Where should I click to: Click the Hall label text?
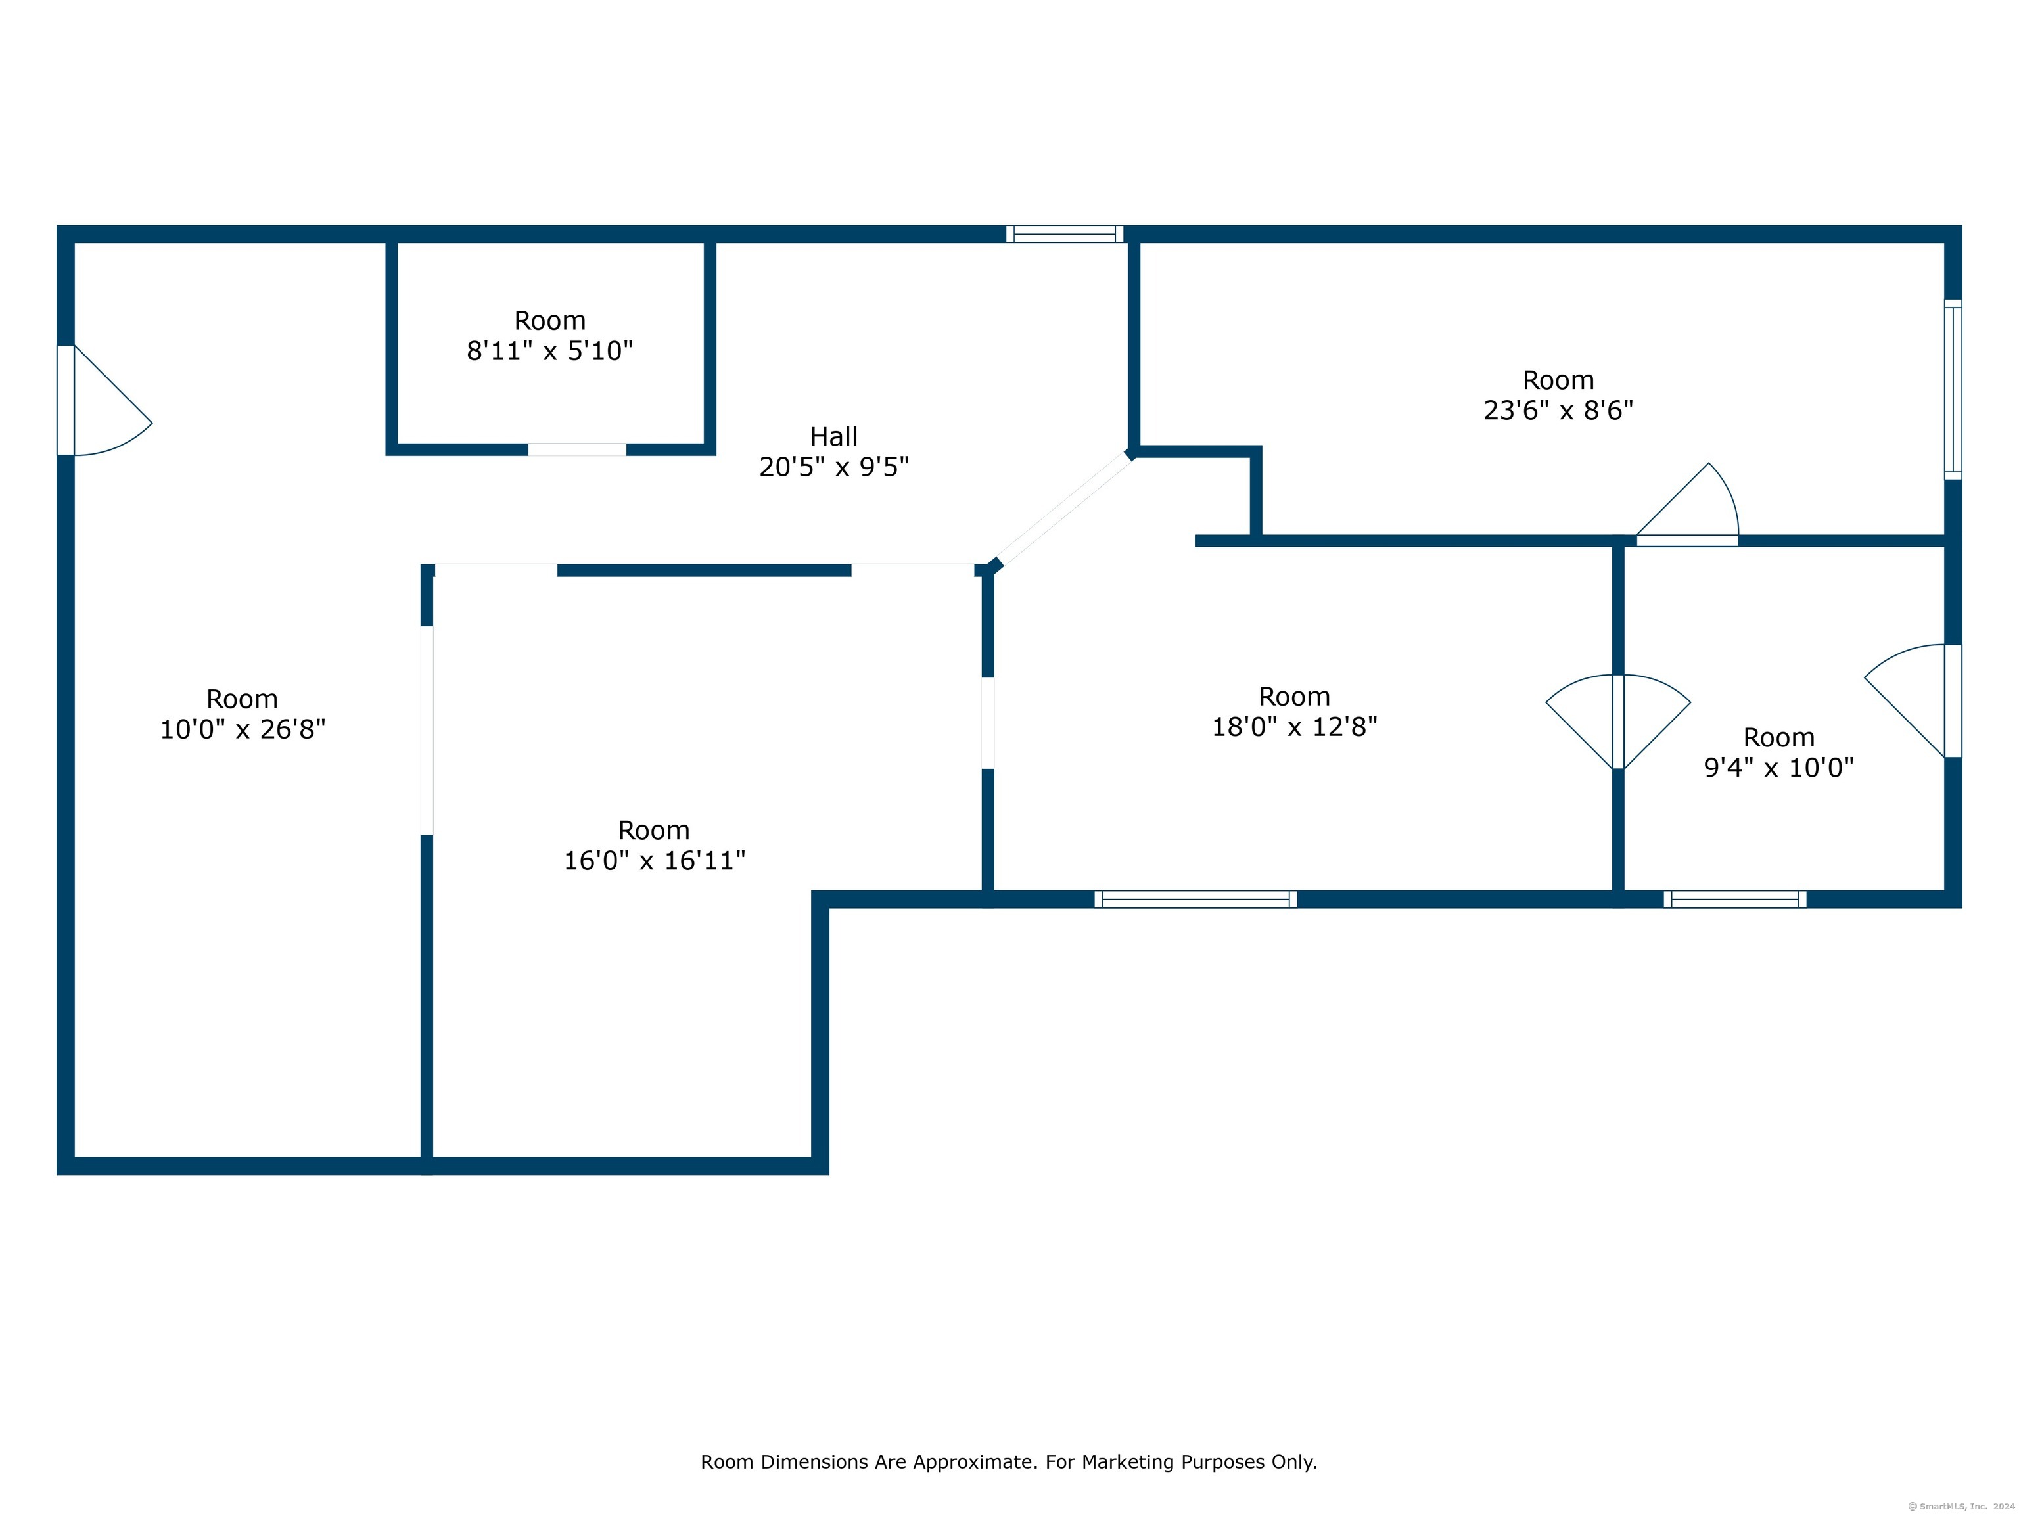pyautogui.click(x=833, y=436)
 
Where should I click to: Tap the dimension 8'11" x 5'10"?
pyautogui.click(x=549, y=350)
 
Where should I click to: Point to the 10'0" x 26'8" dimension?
pyautogui.click(x=243, y=729)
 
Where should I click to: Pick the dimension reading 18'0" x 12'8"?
pyautogui.click(x=1293, y=726)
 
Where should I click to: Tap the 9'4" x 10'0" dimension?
pyautogui.click(x=1778, y=768)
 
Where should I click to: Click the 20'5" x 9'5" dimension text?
pyautogui.click(x=833, y=467)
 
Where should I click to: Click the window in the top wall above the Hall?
pyautogui.click(x=1064, y=234)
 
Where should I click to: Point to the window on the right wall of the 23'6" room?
pyautogui.click(x=1953, y=390)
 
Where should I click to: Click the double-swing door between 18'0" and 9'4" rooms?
pyautogui.click(x=1617, y=720)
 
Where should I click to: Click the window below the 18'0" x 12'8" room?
pyautogui.click(x=1195, y=899)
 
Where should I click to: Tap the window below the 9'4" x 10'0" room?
pyautogui.click(x=1734, y=899)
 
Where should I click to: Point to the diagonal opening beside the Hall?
pyautogui.click(x=1061, y=510)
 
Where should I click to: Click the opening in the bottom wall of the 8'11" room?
pyautogui.click(x=577, y=449)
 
